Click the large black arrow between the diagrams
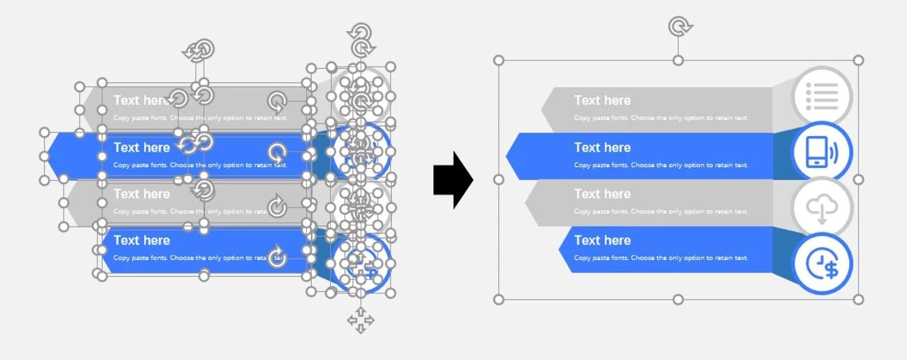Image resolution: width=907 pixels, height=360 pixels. click(452, 180)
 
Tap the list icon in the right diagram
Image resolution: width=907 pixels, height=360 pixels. click(821, 96)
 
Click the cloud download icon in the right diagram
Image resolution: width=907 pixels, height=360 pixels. click(821, 208)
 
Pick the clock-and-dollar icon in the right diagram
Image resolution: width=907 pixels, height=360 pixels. click(822, 264)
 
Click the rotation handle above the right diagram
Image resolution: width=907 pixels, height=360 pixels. click(679, 27)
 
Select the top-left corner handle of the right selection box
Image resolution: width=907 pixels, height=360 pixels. click(499, 60)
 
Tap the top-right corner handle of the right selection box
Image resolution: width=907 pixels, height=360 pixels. click(858, 60)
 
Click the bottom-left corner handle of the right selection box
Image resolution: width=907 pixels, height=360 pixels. click(499, 300)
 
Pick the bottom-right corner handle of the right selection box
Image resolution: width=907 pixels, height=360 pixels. click(858, 300)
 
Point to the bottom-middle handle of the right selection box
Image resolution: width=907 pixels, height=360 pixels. click(678, 300)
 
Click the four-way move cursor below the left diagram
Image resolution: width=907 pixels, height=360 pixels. click(360, 320)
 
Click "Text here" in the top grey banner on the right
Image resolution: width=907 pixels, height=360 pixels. click(602, 101)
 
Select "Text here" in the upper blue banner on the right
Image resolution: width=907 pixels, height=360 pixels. click(602, 147)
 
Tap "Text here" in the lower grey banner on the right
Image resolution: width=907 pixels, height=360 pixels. click(602, 194)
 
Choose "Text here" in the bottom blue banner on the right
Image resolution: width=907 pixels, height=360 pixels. click(602, 240)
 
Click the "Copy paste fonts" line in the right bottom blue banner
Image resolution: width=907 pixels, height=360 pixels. click(660, 258)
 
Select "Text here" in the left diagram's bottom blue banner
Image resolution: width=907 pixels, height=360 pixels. click(142, 240)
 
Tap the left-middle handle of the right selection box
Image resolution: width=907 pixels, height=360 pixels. click(499, 180)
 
